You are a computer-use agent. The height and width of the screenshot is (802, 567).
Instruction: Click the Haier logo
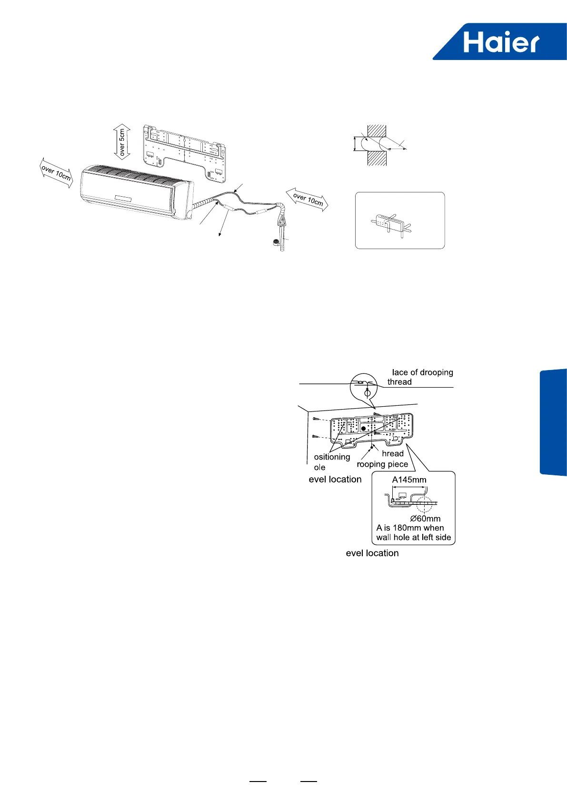501,42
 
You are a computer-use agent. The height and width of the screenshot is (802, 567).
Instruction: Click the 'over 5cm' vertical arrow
122,142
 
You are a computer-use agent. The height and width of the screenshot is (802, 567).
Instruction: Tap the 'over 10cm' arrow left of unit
56,173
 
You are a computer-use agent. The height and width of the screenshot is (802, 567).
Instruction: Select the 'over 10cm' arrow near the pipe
308,200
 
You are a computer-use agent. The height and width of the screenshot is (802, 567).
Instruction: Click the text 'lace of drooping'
422,372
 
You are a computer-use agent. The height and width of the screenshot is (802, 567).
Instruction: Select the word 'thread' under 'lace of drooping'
399,382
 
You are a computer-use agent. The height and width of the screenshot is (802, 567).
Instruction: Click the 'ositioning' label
332,457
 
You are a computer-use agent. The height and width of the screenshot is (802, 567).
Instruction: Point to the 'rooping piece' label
382,464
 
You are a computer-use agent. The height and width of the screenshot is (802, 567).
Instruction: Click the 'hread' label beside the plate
393,454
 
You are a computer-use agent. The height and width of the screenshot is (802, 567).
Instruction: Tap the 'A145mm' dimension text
409,480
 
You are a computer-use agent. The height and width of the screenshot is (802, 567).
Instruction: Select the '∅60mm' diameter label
425,519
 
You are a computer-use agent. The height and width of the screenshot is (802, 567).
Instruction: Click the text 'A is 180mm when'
410,528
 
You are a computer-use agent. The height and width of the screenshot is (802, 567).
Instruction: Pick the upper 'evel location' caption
335,480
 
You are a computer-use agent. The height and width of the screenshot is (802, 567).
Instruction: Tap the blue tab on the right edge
553,422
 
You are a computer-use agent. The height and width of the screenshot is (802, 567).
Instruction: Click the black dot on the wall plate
364,429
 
